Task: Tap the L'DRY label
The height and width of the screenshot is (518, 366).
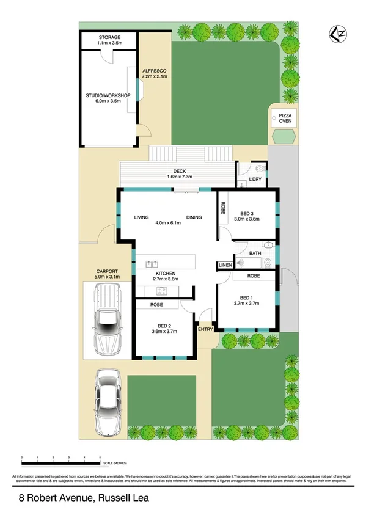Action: [x=255, y=180]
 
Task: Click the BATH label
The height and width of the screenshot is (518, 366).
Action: [x=255, y=253]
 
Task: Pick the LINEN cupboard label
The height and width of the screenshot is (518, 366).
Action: [x=225, y=264]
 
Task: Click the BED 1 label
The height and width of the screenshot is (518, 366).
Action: [x=247, y=296]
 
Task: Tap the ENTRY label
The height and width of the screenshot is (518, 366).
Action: [x=205, y=329]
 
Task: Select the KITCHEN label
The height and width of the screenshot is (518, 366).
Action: [x=166, y=273]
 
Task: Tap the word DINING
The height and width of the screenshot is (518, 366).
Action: [x=194, y=217]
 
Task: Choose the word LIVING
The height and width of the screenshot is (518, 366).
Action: [x=142, y=217]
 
